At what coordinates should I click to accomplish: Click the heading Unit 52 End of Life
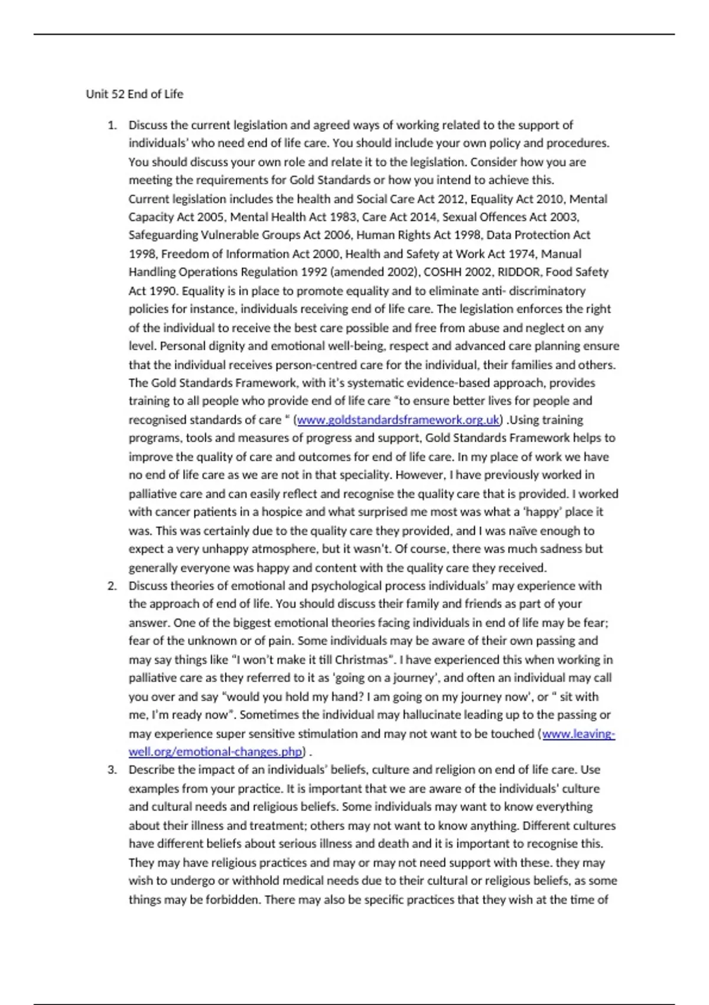click(135, 94)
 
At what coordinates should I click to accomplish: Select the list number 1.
click(112, 125)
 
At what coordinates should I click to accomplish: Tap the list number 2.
click(112, 586)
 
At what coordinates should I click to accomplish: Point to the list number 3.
click(112, 770)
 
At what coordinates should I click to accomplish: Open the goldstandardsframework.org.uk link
click(398, 420)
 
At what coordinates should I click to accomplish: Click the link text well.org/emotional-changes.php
click(216, 752)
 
